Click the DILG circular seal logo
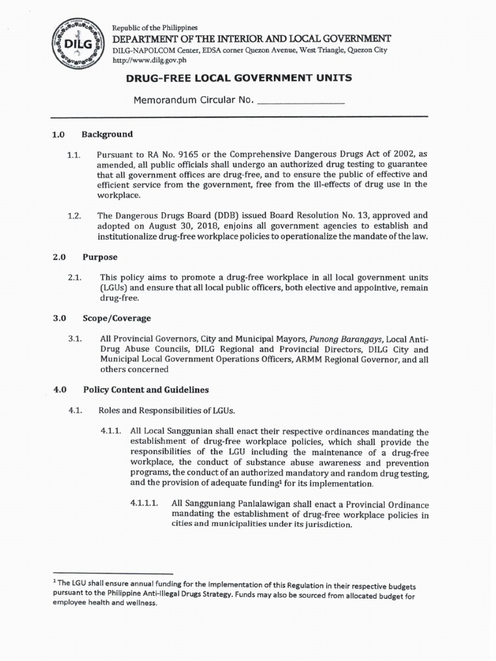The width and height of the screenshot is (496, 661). (x=76, y=43)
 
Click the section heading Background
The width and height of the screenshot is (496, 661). (x=107, y=134)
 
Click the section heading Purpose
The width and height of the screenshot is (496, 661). (x=99, y=257)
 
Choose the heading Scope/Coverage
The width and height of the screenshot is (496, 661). (x=116, y=318)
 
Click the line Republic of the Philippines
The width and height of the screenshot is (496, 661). (x=155, y=28)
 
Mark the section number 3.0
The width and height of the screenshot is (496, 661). (x=60, y=318)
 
